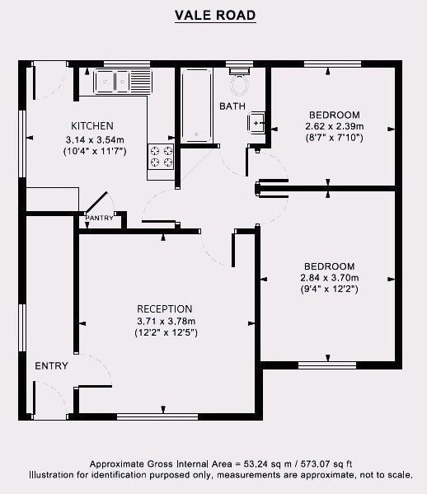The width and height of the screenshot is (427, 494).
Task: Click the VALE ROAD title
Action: pos(214,15)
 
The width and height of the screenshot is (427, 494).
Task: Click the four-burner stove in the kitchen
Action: pos(161,156)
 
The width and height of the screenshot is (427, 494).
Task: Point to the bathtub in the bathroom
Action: pos(196,105)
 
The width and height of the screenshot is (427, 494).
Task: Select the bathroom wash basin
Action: pos(258,123)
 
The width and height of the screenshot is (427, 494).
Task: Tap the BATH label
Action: pos(232,106)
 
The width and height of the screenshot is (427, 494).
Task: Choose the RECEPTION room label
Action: pos(165,309)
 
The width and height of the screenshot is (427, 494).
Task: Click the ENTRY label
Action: pos(51,366)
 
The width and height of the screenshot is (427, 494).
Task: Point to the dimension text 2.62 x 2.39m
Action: pos(334,126)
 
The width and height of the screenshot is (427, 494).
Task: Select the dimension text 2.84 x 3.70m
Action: pos(329,278)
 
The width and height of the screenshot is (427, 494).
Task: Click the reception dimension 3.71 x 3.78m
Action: pos(165,321)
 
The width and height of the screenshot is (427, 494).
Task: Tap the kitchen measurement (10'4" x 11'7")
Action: pos(94,151)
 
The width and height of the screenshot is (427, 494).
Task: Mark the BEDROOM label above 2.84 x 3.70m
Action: pos(329,266)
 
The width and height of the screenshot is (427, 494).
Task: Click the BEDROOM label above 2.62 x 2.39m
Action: pos(334,114)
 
